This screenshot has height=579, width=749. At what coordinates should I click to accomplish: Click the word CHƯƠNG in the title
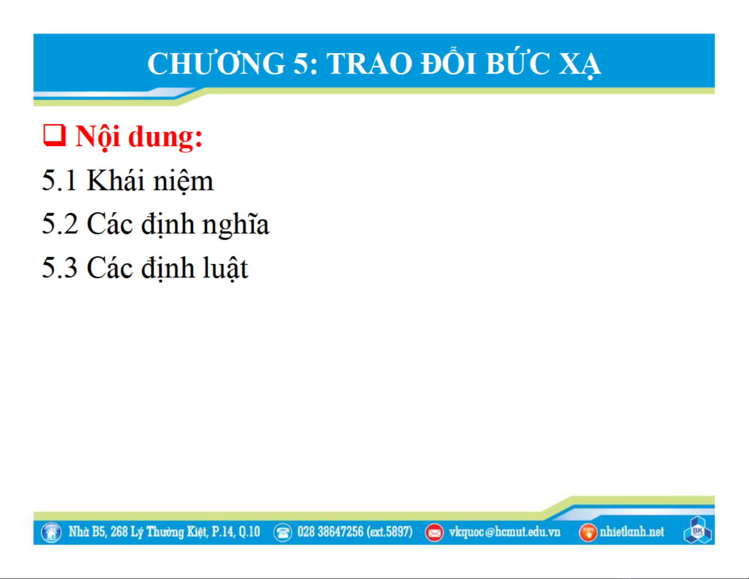216,63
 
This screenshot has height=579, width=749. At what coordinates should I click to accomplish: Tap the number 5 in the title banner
302,64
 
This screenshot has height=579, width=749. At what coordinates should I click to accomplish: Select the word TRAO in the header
369,64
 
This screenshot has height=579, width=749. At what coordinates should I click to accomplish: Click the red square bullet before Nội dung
54,136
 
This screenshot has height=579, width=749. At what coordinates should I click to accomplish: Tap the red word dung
165,138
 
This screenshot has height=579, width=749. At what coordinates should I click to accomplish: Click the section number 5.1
59,180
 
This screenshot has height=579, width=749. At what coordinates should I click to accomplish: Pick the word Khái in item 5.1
115,180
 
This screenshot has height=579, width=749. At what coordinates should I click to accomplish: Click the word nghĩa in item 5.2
235,225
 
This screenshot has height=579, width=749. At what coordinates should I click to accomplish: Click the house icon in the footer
51,533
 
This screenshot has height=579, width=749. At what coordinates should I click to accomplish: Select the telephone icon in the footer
283,533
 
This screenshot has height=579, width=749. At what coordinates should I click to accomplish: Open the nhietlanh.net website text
632,532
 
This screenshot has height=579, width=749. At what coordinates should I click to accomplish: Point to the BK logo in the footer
697,531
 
